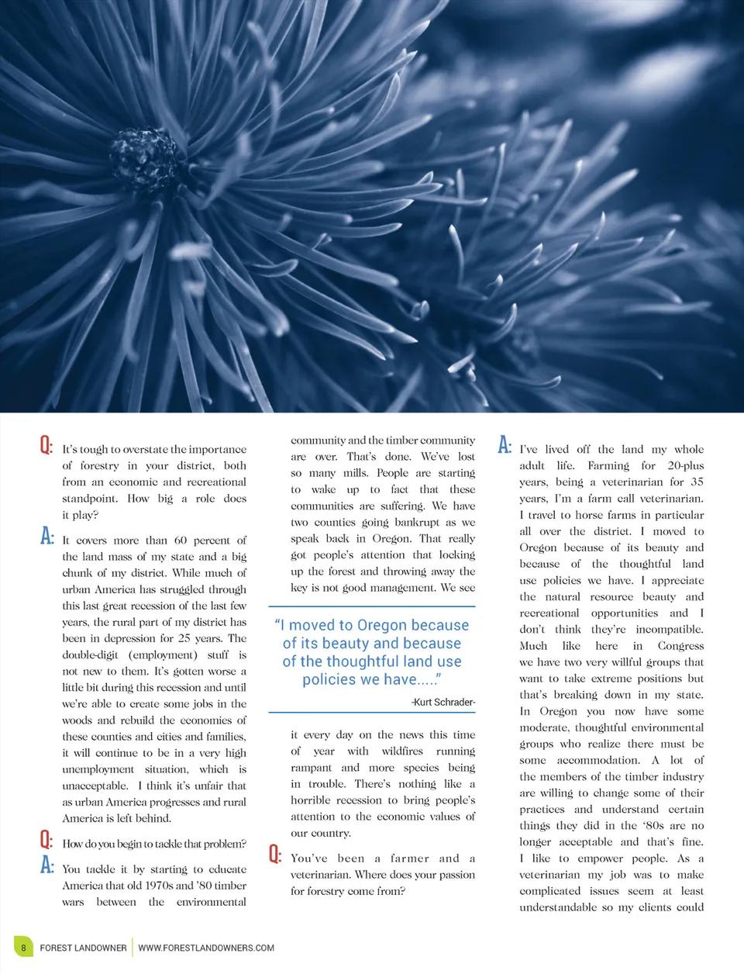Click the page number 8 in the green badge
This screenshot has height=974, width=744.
pyautogui.click(x=23, y=948)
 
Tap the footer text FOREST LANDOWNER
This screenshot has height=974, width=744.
pyautogui.click(x=83, y=948)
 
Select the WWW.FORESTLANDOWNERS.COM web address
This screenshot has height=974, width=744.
pyautogui.click(x=206, y=948)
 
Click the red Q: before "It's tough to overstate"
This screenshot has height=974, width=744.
pyautogui.click(x=46, y=446)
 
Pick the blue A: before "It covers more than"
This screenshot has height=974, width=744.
pyautogui.click(x=46, y=537)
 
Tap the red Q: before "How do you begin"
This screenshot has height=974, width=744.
pyautogui.click(x=46, y=840)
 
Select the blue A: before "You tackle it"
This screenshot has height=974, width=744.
pyautogui.click(x=46, y=865)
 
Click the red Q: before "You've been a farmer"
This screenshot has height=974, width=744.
pyautogui.click(x=275, y=855)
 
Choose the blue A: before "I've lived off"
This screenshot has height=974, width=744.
pyautogui.click(x=505, y=445)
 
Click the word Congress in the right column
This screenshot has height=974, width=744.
pyautogui.click(x=680, y=646)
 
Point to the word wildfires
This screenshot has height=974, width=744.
pyautogui.click(x=402, y=751)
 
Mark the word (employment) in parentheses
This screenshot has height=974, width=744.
pyautogui.click(x=163, y=655)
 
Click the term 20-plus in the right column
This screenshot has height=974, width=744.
pyautogui.click(x=686, y=466)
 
